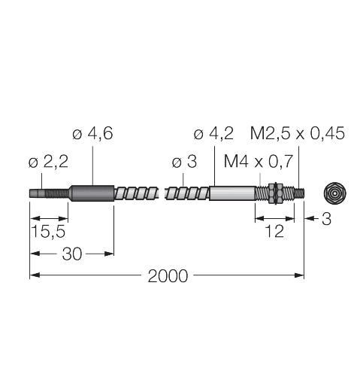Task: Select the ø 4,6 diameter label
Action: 94,135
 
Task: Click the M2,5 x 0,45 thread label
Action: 297,135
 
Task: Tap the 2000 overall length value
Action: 167,276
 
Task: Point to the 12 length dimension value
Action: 275,231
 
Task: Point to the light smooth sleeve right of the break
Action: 233,193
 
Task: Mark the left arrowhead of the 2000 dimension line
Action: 33,276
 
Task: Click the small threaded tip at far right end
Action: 298,193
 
